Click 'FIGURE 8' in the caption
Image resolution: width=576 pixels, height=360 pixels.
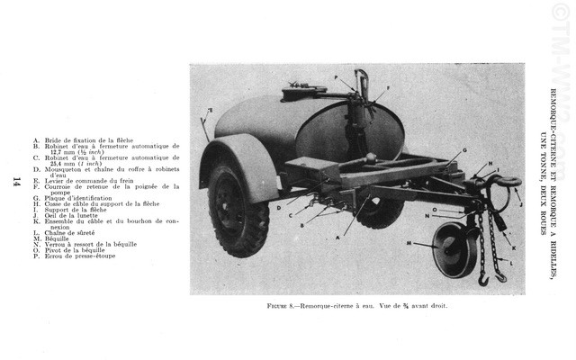283,305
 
